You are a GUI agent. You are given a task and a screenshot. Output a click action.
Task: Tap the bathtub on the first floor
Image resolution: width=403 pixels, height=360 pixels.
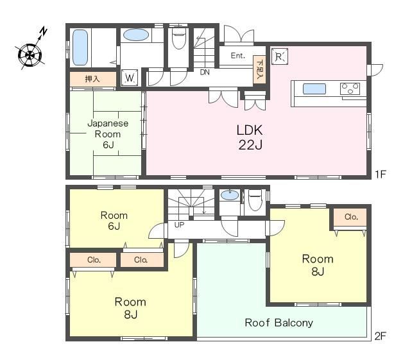80,47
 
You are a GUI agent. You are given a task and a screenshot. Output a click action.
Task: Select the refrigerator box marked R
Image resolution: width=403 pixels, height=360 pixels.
280,56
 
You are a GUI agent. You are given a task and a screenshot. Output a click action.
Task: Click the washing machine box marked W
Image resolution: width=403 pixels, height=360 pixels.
130,78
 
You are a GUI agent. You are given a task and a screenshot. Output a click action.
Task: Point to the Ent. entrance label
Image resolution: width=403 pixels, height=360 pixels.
237,55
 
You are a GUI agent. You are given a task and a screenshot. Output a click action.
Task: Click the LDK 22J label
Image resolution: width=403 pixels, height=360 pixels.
250,137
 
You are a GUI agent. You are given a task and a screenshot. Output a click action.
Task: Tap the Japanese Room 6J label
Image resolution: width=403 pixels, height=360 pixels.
108,134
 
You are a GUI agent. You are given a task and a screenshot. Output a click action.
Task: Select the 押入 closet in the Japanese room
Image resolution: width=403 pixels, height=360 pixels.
93,79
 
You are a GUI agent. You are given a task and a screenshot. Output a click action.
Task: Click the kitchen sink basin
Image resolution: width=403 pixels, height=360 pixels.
314,89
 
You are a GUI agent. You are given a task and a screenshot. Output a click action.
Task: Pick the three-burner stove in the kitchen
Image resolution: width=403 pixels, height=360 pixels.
350,89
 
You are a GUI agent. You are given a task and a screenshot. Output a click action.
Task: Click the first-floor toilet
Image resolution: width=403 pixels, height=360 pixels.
178,39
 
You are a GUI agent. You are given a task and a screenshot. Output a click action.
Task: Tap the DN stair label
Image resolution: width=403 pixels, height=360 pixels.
205,73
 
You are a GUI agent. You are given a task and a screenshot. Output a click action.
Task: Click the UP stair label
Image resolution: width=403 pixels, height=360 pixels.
179,225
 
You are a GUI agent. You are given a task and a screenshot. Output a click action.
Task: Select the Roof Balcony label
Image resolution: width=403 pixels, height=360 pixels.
279,323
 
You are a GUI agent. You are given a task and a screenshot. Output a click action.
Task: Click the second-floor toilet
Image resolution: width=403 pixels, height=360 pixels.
255,200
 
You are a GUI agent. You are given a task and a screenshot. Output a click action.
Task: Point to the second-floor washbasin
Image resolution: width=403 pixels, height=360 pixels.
230,195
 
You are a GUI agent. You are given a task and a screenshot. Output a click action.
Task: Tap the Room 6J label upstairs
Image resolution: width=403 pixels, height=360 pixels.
114,221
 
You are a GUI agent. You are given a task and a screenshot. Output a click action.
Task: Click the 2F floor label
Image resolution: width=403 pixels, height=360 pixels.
381,336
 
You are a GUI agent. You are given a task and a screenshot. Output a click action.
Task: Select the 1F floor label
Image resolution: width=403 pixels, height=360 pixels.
381,175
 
